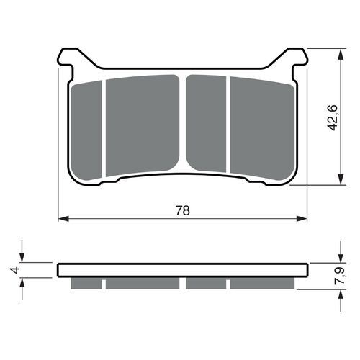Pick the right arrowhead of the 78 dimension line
click(x=303, y=217)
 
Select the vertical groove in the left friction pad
click(x=104, y=126)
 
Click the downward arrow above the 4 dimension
click(x=24, y=258)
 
